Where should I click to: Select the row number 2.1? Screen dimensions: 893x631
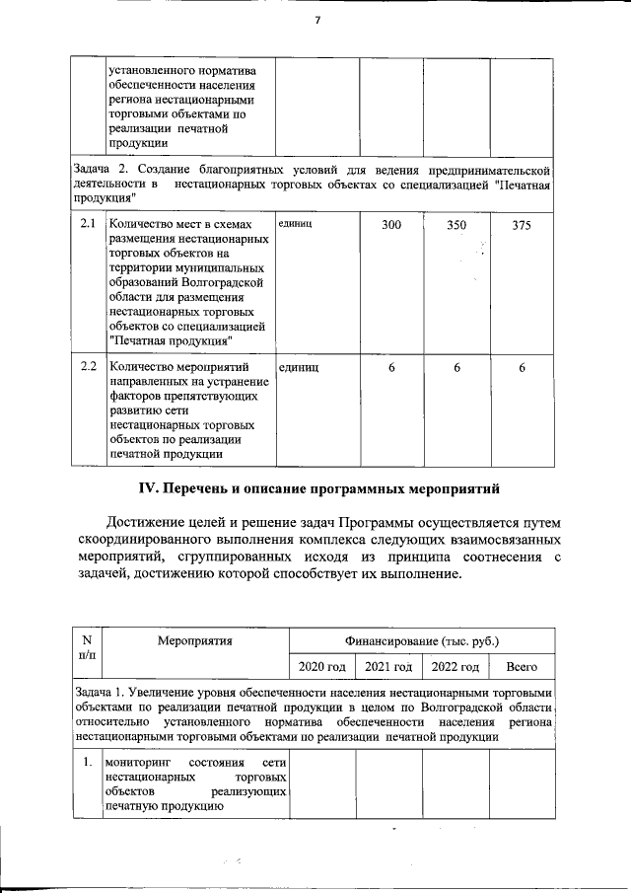pos(87,225)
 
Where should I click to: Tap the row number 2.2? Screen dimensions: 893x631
pos(87,367)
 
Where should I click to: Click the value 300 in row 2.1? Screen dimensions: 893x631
pos(391,226)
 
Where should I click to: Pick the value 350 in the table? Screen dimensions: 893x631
pos(456,226)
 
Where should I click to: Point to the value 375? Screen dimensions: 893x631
pos(522,226)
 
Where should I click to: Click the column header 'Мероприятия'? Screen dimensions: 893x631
pos(194,640)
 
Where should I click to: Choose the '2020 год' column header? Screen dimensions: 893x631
pos(321,668)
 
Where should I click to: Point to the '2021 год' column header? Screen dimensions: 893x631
pos(388,668)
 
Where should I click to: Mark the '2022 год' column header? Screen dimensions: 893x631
pos(455,668)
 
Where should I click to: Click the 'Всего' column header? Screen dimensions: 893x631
pos(522,668)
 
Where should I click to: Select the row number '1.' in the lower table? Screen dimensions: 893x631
pos(87,762)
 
